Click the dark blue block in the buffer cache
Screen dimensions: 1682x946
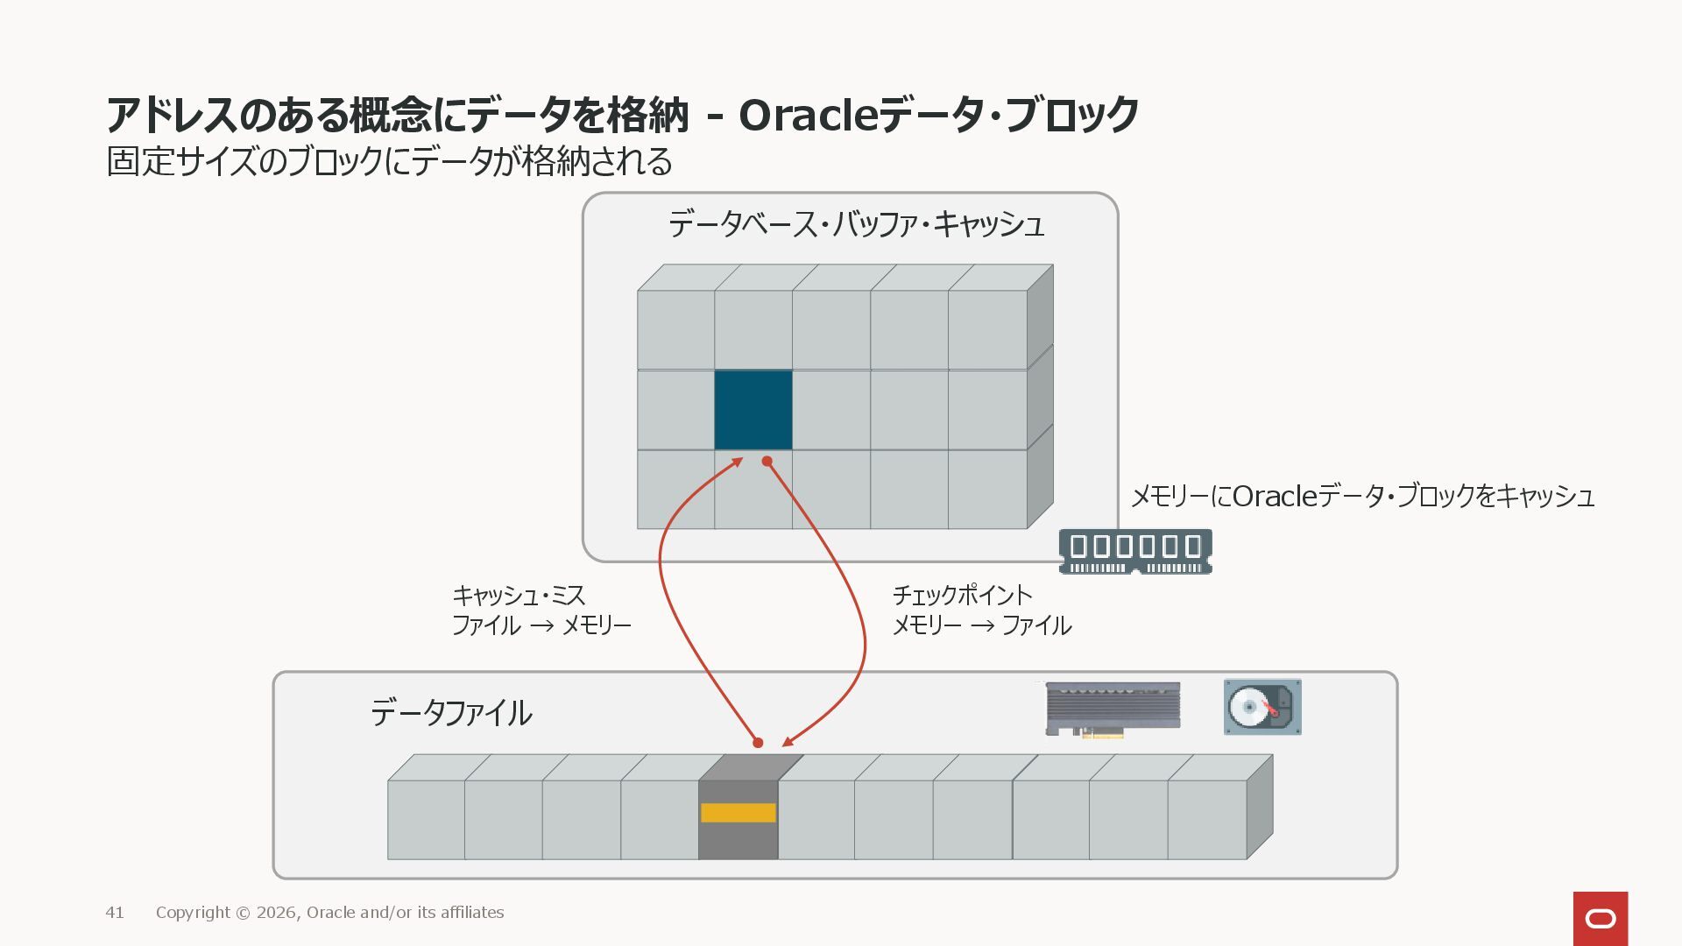[x=753, y=410]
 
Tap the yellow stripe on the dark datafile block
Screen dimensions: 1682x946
[x=739, y=813]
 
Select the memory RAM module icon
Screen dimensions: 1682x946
[x=1135, y=551]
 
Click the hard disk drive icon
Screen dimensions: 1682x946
[x=1262, y=707]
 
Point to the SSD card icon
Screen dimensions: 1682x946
[x=1113, y=709]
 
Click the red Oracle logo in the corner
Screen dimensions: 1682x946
[x=1601, y=918]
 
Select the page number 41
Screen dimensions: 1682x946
[x=115, y=913]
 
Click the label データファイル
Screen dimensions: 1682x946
[x=451, y=713]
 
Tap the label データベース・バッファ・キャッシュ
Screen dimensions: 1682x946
[x=856, y=225]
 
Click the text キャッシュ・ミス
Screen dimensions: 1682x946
[x=519, y=597]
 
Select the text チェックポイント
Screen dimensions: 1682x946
[x=962, y=596]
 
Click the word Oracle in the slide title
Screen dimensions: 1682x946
[x=808, y=116]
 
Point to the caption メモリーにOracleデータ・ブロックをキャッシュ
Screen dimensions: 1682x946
[x=1362, y=497]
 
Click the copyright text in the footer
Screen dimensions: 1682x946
[x=329, y=913]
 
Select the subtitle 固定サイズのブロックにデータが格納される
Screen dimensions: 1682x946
[x=390, y=162]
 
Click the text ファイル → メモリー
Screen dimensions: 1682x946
[x=541, y=625]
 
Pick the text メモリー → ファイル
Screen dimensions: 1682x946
[x=981, y=625]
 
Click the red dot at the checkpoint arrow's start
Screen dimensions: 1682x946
[x=767, y=462]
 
